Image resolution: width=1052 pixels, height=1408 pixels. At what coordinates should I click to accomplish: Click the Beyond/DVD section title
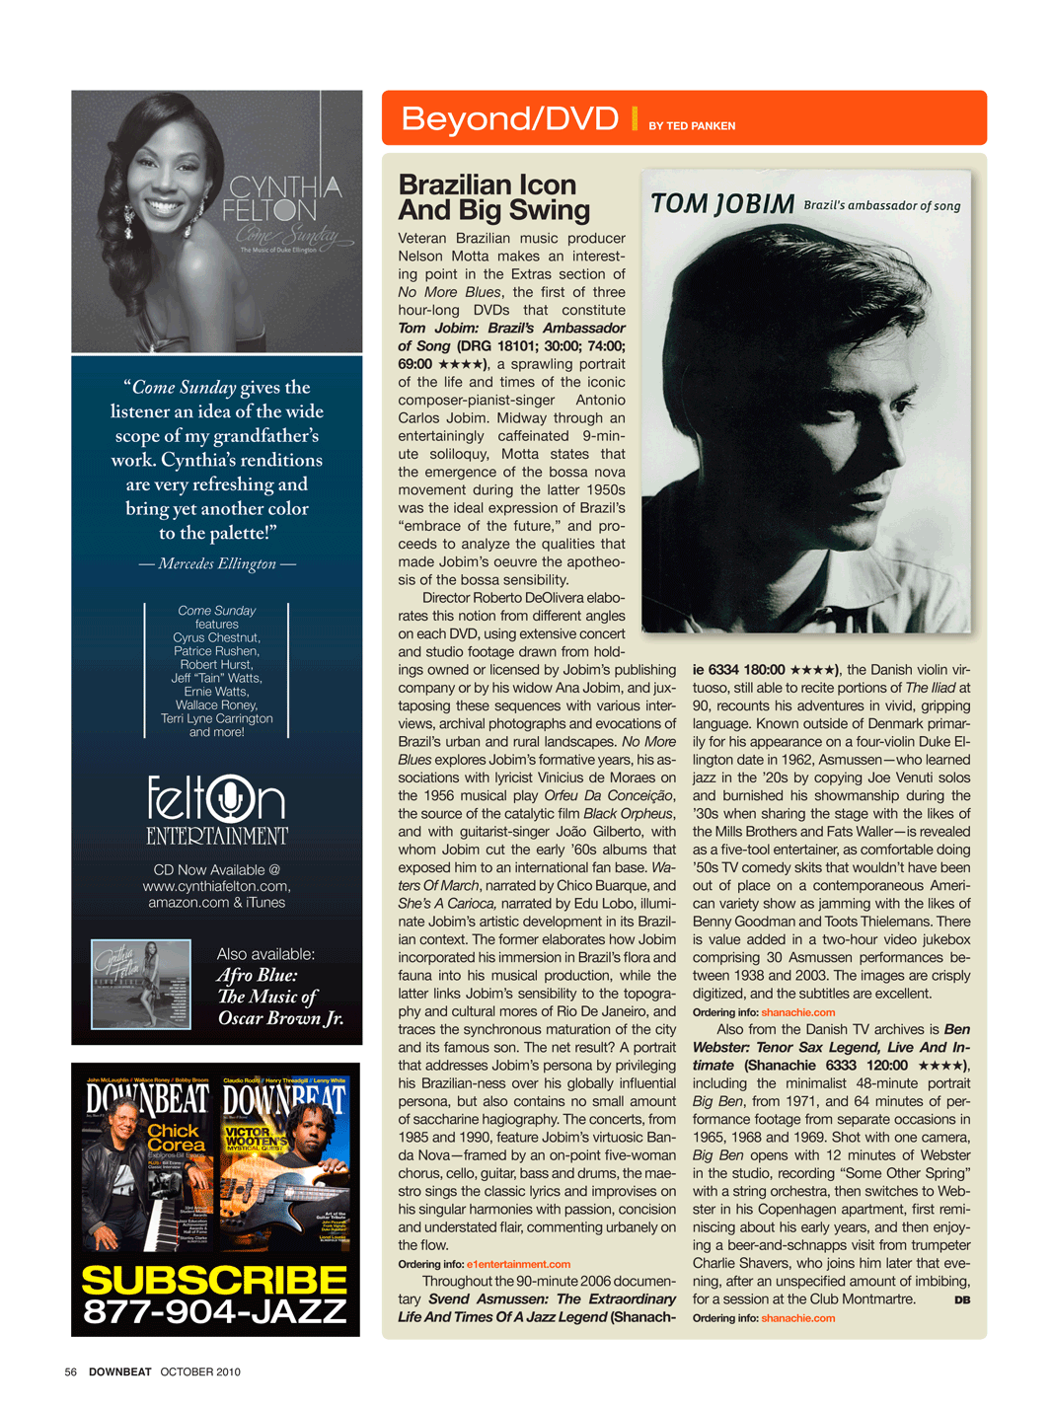tap(509, 119)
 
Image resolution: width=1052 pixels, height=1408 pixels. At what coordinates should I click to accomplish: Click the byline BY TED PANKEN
tap(692, 126)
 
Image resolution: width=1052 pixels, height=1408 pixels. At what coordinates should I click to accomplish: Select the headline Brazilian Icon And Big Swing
tap(493, 197)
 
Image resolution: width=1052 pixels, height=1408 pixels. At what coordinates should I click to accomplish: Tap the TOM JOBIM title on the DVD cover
tap(722, 204)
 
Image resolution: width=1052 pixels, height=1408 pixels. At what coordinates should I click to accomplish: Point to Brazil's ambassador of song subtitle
tap(881, 206)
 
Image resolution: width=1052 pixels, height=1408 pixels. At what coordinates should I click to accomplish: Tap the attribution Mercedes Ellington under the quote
tap(217, 563)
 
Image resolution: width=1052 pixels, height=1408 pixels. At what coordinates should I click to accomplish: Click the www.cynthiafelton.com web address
tap(216, 886)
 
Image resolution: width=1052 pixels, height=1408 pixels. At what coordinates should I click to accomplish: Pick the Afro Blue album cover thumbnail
tap(141, 984)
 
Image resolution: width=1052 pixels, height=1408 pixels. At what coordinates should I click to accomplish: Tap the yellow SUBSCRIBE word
tap(215, 1281)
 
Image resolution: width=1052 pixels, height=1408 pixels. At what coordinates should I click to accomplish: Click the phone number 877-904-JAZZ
tap(215, 1311)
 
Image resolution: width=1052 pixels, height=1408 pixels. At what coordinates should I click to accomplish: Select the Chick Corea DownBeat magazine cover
tap(147, 1163)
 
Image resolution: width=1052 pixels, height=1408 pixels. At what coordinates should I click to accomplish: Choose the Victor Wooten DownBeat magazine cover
tap(284, 1163)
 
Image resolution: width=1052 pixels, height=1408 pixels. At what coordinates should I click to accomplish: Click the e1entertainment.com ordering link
tap(518, 1264)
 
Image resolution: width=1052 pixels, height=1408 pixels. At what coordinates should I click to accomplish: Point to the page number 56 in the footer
tap(71, 1371)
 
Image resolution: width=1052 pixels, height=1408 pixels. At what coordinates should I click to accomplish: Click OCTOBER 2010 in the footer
tap(200, 1371)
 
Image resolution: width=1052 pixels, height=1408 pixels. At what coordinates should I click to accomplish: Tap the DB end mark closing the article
tap(962, 1300)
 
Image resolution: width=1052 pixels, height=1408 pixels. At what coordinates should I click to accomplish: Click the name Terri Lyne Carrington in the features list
tap(217, 718)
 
